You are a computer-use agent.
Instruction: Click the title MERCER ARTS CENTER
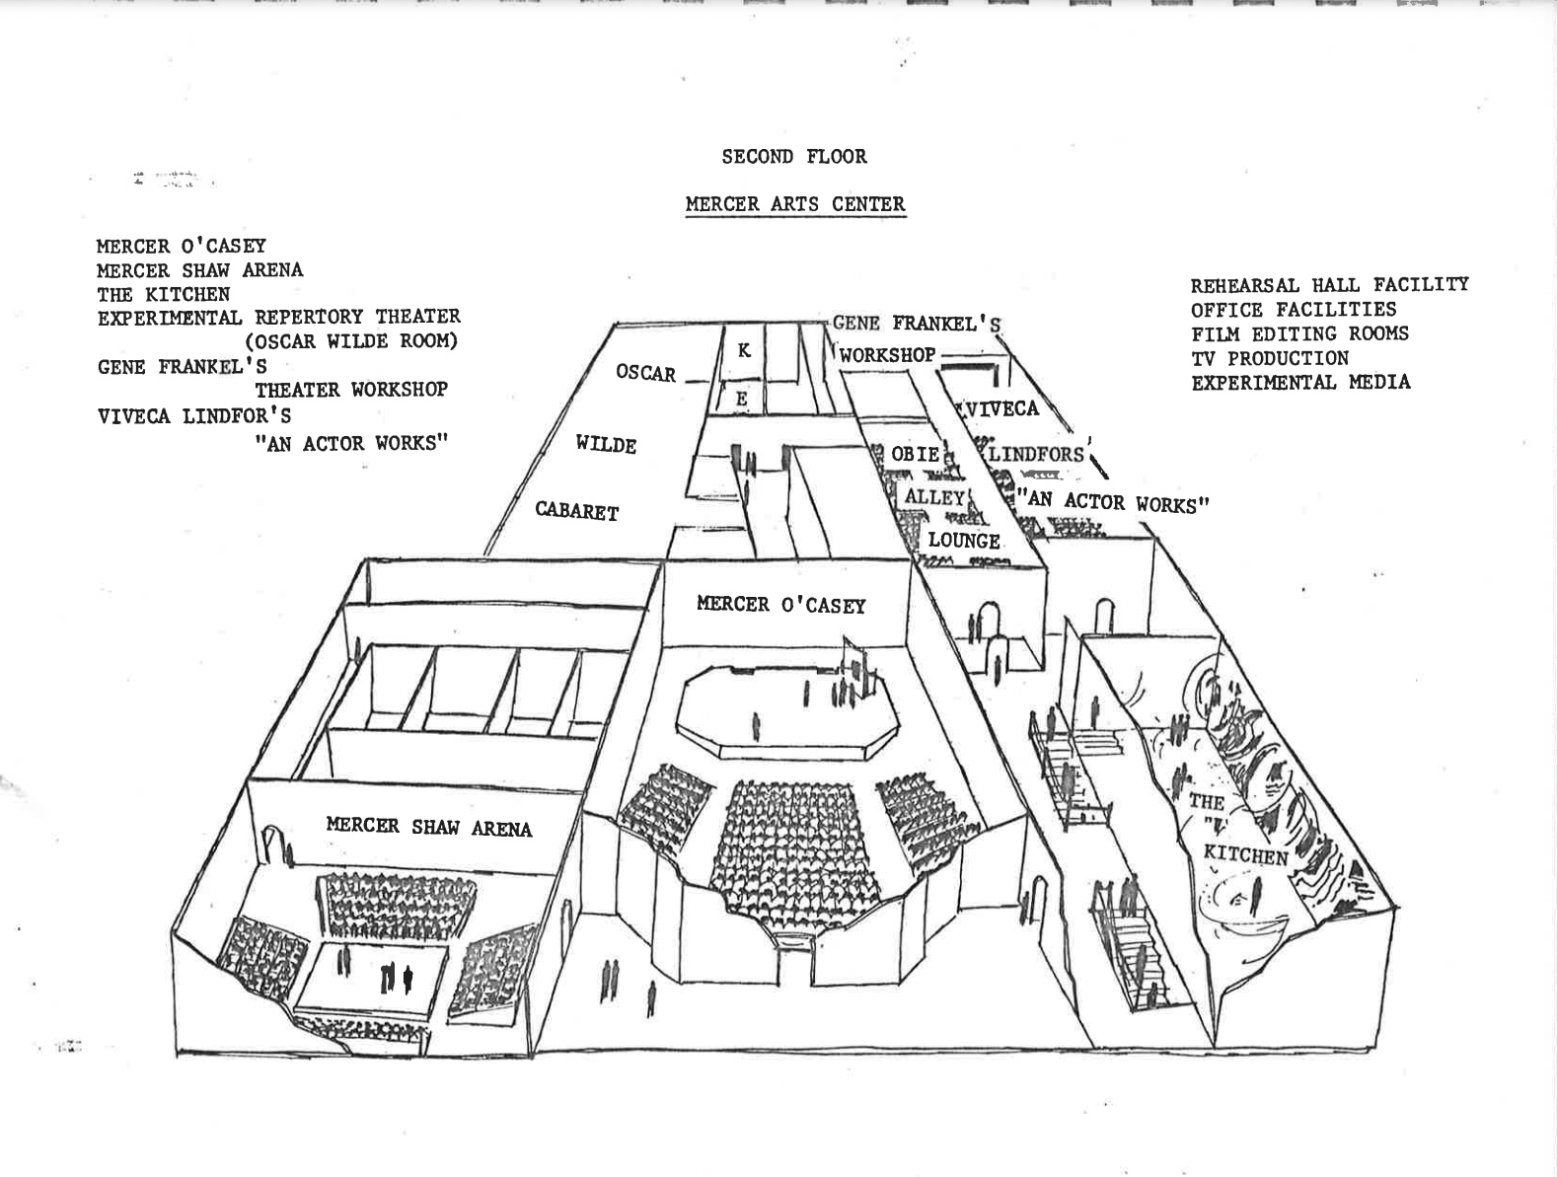[795, 204]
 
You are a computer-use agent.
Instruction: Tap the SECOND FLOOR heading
[794, 156]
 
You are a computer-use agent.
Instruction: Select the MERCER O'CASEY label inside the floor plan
[780, 604]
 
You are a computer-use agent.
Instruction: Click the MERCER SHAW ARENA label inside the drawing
[429, 827]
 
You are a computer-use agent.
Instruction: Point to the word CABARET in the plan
[577, 511]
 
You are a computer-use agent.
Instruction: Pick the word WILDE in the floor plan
[606, 445]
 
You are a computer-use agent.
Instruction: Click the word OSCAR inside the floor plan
[646, 373]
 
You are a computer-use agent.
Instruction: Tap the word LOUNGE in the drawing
[964, 541]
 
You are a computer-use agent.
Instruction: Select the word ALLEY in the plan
[933, 497]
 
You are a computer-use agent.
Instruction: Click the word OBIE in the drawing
[915, 454]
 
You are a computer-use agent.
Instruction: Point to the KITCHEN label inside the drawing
[1245, 854]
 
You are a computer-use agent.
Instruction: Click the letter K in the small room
[744, 350]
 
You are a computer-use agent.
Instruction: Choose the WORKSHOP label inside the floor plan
[887, 354]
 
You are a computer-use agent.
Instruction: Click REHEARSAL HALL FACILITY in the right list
[1329, 285]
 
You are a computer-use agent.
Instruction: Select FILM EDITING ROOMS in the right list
[1299, 333]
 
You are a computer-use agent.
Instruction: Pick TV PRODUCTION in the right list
[1269, 358]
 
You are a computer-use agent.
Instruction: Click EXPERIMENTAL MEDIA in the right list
[1300, 382]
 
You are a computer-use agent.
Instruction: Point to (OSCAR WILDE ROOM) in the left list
[351, 341]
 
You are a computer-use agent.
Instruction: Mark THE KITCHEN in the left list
[163, 294]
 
